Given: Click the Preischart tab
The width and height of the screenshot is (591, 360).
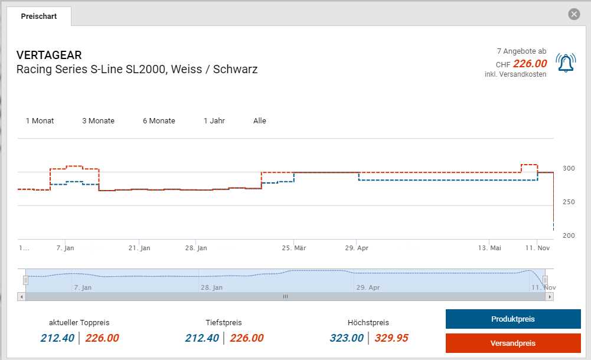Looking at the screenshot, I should click(x=39, y=17).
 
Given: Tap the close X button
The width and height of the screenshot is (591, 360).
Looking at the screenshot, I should click(x=574, y=14).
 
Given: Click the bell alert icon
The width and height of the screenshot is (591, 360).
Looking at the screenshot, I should click(x=566, y=63).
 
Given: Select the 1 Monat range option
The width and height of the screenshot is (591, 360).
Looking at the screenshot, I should click(x=40, y=121).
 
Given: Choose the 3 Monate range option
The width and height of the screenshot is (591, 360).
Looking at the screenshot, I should click(x=98, y=121).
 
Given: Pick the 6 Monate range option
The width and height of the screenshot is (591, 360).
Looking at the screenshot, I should click(x=159, y=121).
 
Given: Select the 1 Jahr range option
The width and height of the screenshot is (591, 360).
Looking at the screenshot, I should click(x=214, y=121).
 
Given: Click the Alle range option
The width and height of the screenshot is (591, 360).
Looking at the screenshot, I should click(x=260, y=121).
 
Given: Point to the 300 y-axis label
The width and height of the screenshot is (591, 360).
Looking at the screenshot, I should click(x=569, y=168).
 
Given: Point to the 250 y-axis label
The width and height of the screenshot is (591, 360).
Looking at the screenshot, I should click(x=569, y=202).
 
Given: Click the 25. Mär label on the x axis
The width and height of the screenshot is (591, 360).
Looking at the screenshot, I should click(x=294, y=248).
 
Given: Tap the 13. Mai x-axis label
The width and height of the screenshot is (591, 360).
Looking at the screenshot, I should click(x=489, y=248).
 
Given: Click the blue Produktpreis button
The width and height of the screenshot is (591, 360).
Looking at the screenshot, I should click(x=513, y=319).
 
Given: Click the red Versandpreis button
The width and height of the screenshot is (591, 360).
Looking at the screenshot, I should click(x=513, y=343).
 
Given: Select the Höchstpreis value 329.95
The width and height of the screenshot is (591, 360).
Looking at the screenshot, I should click(x=391, y=338).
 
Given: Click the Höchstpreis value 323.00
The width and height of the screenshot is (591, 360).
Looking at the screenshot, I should click(x=347, y=338).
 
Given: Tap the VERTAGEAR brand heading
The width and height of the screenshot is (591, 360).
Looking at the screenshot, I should click(x=49, y=55).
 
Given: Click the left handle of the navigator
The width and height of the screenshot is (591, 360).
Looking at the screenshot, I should click(x=25, y=280).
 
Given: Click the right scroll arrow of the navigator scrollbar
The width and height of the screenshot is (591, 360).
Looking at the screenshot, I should click(x=550, y=297).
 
